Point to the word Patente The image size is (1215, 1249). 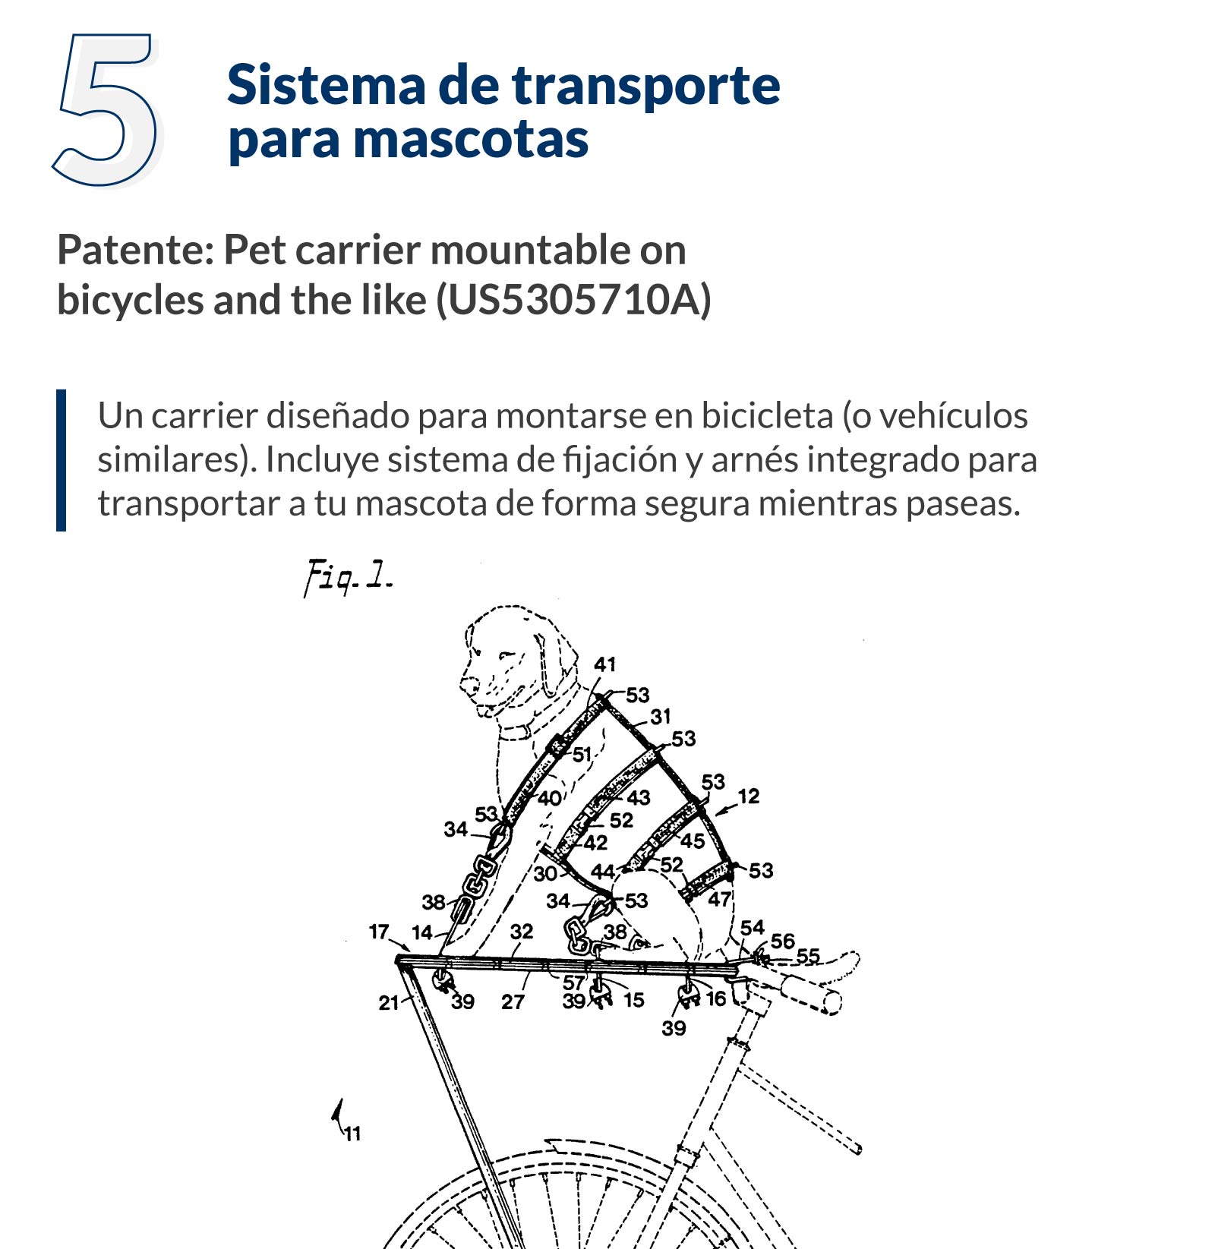[x=134, y=251]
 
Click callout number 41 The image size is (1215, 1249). [x=604, y=664]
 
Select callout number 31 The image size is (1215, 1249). [x=660, y=716]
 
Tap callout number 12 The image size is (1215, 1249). [x=748, y=796]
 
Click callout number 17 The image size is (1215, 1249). [x=379, y=931]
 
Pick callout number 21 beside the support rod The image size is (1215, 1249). [x=388, y=1003]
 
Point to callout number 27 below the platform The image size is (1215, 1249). [x=513, y=1002]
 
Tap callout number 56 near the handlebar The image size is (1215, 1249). [x=782, y=941]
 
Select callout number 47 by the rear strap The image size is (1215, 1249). [x=719, y=900]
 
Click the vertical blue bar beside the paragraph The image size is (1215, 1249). [x=62, y=460]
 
